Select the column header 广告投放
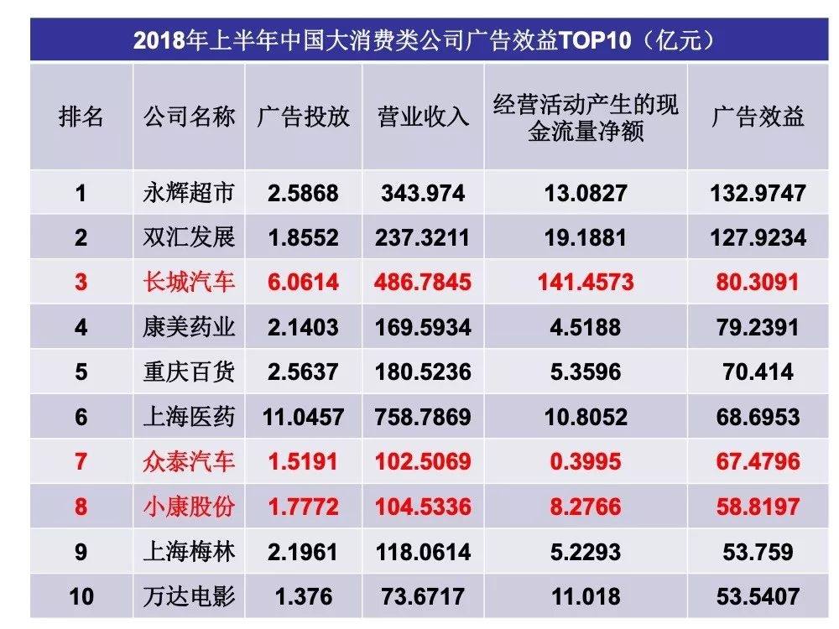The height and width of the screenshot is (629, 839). point(303,117)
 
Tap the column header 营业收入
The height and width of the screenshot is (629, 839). point(423,117)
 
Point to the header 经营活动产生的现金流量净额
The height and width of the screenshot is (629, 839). point(586,117)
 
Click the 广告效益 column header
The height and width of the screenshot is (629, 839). point(758,117)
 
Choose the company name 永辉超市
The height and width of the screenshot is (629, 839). point(189,193)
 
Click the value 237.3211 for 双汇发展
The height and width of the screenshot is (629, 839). point(423,237)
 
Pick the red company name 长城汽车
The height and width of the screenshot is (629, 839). point(189,282)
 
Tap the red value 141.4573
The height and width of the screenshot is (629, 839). point(586,282)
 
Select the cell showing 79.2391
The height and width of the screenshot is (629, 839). point(758,326)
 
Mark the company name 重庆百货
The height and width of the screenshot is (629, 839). point(189,371)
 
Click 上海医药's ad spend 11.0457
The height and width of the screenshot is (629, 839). point(303,417)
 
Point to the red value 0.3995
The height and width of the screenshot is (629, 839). point(586,461)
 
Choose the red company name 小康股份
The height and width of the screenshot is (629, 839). point(189,507)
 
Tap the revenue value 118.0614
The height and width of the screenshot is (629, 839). point(423,552)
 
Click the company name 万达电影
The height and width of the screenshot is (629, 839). point(189,596)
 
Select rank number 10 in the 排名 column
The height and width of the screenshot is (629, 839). point(81,596)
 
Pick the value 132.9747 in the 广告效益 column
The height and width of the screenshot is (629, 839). point(758,193)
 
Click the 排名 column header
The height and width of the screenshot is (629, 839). point(81,117)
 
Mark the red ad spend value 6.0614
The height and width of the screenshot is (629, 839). point(303,282)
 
